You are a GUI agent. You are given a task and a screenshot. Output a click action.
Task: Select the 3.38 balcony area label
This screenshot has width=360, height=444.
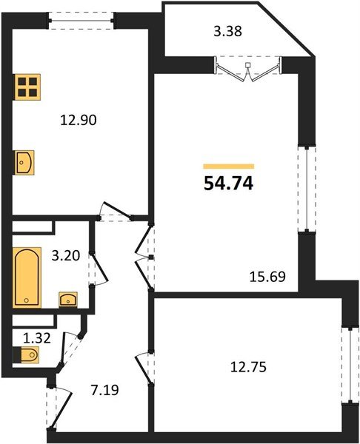(227, 32)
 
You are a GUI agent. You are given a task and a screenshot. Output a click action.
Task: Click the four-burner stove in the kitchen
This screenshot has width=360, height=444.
(27, 87)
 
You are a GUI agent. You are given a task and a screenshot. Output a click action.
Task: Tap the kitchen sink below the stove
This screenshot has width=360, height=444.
(24, 161)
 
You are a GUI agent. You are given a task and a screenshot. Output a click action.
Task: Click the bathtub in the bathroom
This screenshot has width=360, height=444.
(28, 277)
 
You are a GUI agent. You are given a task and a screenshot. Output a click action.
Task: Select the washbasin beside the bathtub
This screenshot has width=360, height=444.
(68, 299)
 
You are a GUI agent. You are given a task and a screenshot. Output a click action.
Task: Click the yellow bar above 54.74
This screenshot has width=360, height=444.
(228, 166)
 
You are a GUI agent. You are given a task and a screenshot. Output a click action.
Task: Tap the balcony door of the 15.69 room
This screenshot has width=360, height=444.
(249, 70)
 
